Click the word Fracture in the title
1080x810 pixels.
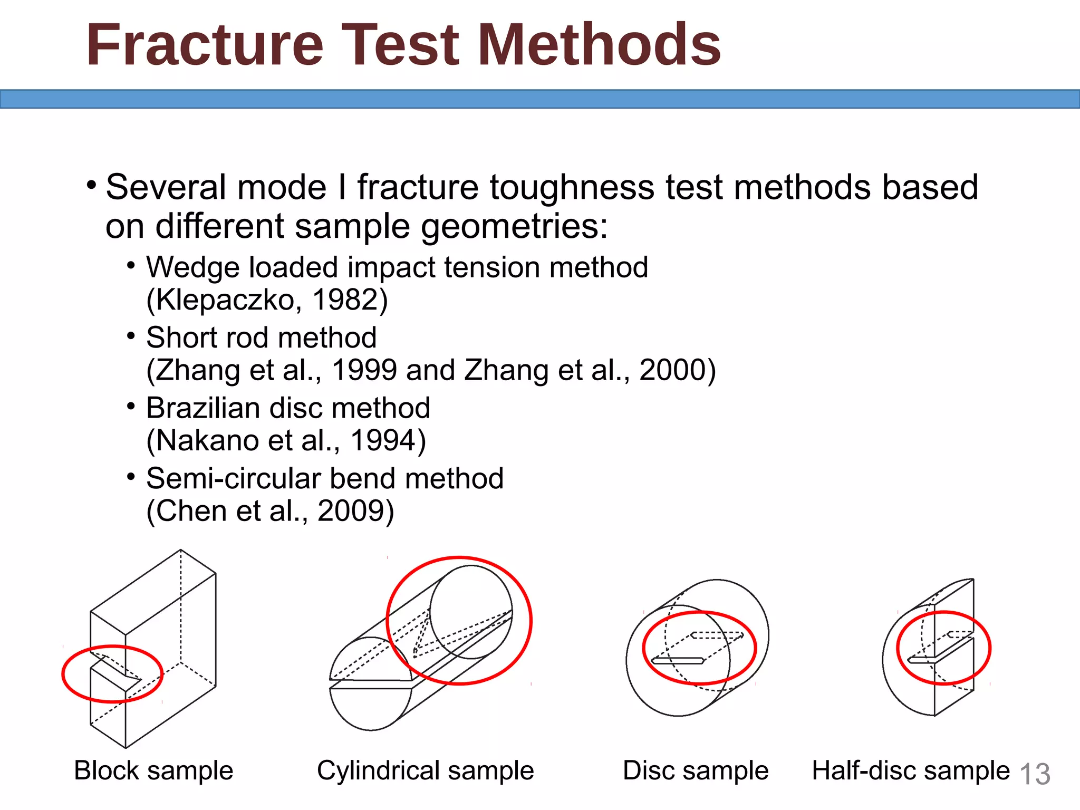pos(205,46)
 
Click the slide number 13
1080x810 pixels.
pos(1035,774)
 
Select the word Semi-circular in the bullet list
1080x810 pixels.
pos(234,479)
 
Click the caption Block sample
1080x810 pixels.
pos(153,770)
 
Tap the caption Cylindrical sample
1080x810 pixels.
pos(425,770)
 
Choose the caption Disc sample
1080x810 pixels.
pos(696,770)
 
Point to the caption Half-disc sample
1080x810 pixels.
pos(910,770)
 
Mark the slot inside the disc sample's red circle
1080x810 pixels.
pos(678,661)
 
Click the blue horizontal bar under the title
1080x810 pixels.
pos(540,99)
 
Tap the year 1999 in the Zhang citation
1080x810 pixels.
pos(364,370)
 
